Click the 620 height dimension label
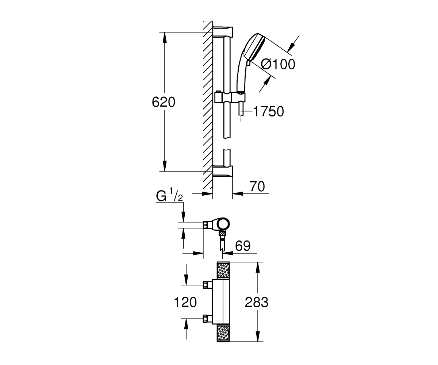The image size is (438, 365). click(x=164, y=102)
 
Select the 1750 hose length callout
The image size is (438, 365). click(x=269, y=111)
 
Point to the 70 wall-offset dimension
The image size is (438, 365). click(x=257, y=186)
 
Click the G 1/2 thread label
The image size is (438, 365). click(x=169, y=195)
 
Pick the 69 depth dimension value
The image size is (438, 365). click(x=243, y=246)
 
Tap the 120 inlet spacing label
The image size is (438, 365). click(x=185, y=302)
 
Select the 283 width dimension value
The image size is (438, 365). click(x=257, y=302)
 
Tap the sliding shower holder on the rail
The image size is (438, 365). click(x=230, y=97)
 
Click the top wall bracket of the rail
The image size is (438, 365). click(x=223, y=32)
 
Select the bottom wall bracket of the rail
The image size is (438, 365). click(x=223, y=171)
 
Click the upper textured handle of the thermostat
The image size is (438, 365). click(x=223, y=270)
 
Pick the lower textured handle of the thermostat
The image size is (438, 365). click(x=223, y=333)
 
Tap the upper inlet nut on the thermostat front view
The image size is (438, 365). click(x=208, y=285)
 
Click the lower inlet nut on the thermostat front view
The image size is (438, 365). click(x=208, y=319)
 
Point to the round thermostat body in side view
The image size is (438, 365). click(x=223, y=224)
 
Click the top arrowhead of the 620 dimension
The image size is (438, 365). click(x=165, y=37)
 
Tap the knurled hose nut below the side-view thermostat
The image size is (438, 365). click(x=223, y=233)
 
